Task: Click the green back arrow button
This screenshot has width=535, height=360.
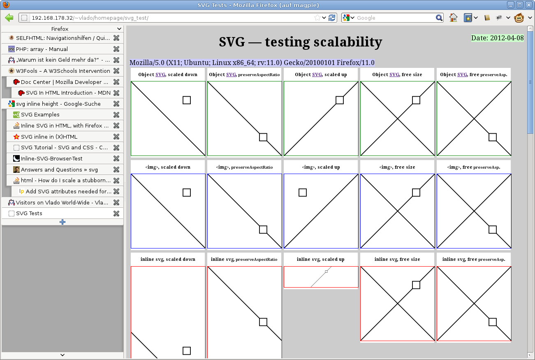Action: (9, 18)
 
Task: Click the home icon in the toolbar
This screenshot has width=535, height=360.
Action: (453, 18)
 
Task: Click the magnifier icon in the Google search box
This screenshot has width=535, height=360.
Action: (439, 18)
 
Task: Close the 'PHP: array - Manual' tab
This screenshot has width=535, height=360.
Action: (116, 49)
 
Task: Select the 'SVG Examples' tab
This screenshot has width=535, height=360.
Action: (40, 115)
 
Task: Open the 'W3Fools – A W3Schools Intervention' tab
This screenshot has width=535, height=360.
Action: (63, 71)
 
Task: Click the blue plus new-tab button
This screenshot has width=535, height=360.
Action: (63, 222)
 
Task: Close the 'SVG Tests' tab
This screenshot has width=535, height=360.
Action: (116, 213)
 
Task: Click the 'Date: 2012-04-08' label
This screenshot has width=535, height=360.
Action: (497, 38)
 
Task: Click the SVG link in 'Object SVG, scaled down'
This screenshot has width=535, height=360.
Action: (160, 74)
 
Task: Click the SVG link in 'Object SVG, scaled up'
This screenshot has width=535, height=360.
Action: (317, 74)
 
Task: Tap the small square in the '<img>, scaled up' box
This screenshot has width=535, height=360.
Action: (303, 193)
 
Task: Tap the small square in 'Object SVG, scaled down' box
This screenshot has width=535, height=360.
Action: (187, 100)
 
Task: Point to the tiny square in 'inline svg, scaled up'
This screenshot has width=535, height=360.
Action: (326, 272)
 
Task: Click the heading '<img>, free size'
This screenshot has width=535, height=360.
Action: (397, 167)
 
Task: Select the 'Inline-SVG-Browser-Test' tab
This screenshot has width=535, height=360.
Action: (51, 159)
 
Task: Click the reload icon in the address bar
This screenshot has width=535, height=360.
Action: (332, 18)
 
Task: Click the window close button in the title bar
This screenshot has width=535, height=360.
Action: (528, 5)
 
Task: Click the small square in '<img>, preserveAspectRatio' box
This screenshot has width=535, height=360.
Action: (263, 230)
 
